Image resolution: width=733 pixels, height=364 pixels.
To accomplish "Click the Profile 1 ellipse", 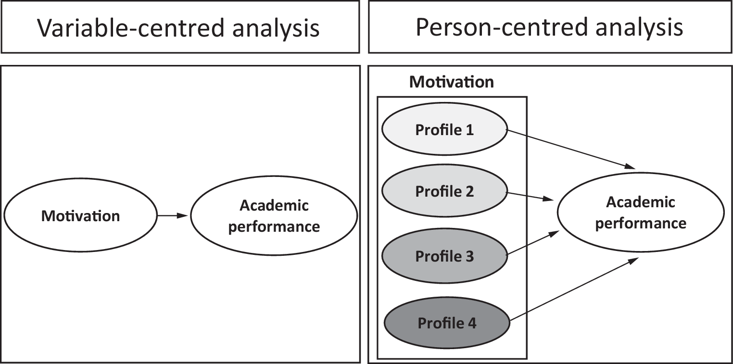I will point(444,130).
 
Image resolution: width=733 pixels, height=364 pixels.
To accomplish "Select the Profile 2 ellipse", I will point(444,191).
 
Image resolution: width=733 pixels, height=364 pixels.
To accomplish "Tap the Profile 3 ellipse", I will point(444,256).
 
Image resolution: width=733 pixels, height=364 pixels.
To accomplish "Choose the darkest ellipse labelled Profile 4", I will point(447,323).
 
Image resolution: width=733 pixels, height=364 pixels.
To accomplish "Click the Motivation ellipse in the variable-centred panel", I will point(80,216).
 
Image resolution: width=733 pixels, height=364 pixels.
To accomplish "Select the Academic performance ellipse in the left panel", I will point(274,216).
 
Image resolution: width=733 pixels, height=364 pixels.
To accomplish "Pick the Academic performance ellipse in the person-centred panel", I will point(640,213).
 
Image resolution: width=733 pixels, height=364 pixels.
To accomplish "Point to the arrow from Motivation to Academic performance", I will point(173,216).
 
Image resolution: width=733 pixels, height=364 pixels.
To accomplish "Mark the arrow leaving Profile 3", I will point(533,243).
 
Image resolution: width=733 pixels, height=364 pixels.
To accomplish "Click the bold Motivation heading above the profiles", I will point(451,82).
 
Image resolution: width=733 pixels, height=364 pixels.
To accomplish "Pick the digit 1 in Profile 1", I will point(469,130).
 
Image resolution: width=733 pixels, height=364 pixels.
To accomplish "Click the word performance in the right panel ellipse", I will point(640,224).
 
